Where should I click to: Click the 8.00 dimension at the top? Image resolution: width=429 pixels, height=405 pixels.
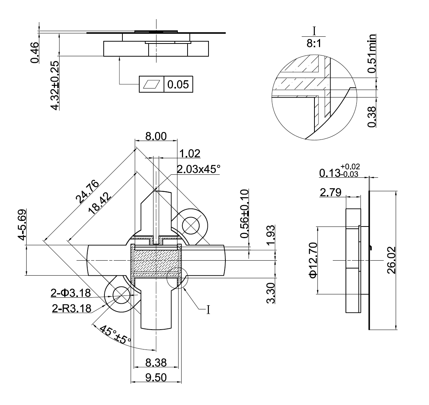click(155, 136)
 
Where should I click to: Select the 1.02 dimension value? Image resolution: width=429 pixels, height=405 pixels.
click(189, 153)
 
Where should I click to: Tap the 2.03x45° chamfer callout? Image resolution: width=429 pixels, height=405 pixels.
click(198, 169)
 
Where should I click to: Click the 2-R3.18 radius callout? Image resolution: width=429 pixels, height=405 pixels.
click(71, 308)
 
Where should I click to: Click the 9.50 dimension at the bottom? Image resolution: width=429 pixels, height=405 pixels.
click(156, 377)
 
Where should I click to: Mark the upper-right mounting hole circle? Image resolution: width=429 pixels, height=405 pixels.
click(194, 225)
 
